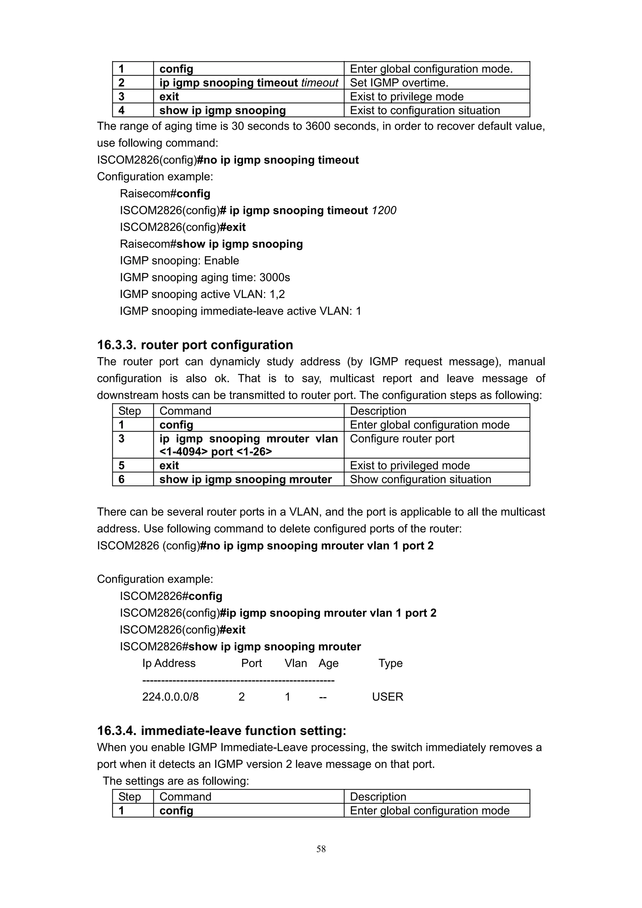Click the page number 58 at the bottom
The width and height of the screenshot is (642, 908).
pyautogui.click(x=321, y=849)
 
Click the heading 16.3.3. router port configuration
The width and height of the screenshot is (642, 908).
pyautogui.click(x=195, y=345)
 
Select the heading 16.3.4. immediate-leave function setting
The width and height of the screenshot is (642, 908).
pyautogui.click(x=222, y=730)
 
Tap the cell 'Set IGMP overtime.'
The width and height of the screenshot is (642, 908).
pyautogui.click(x=399, y=83)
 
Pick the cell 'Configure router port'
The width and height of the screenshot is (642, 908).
pyautogui.click(x=402, y=439)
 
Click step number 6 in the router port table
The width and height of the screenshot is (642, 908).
pyautogui.click(x=121, y=479)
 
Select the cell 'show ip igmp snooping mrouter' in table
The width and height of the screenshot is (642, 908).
pyautogui.click(x=245, y=479)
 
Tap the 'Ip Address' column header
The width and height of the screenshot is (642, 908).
pyautogui.click(x=169, y=663)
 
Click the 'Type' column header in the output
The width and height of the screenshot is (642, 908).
pyautogui.click(x=390, y=663)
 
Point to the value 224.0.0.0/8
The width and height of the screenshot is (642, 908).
pyautogui.click(x=171, y=697)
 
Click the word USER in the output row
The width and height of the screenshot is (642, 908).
pyautogui.click(x=387, y=697)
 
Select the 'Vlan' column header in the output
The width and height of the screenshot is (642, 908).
pyautogui.click(x=296, y=663)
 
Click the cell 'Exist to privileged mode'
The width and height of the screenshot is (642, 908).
pyautogui.click(x=410, y=466)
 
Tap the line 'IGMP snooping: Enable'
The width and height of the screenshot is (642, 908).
pyautogui.click(x=180, y=261)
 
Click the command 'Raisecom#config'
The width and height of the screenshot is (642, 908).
pyautogui.click(x=165, y=193)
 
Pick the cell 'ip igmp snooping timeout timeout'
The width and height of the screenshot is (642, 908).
pyautogui.click(x=248, y=83)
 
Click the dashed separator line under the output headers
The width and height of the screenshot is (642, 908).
pyautogui.click(x=238, y=681)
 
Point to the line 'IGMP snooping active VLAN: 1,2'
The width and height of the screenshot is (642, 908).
pyautogui.click(x=202, y=294)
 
